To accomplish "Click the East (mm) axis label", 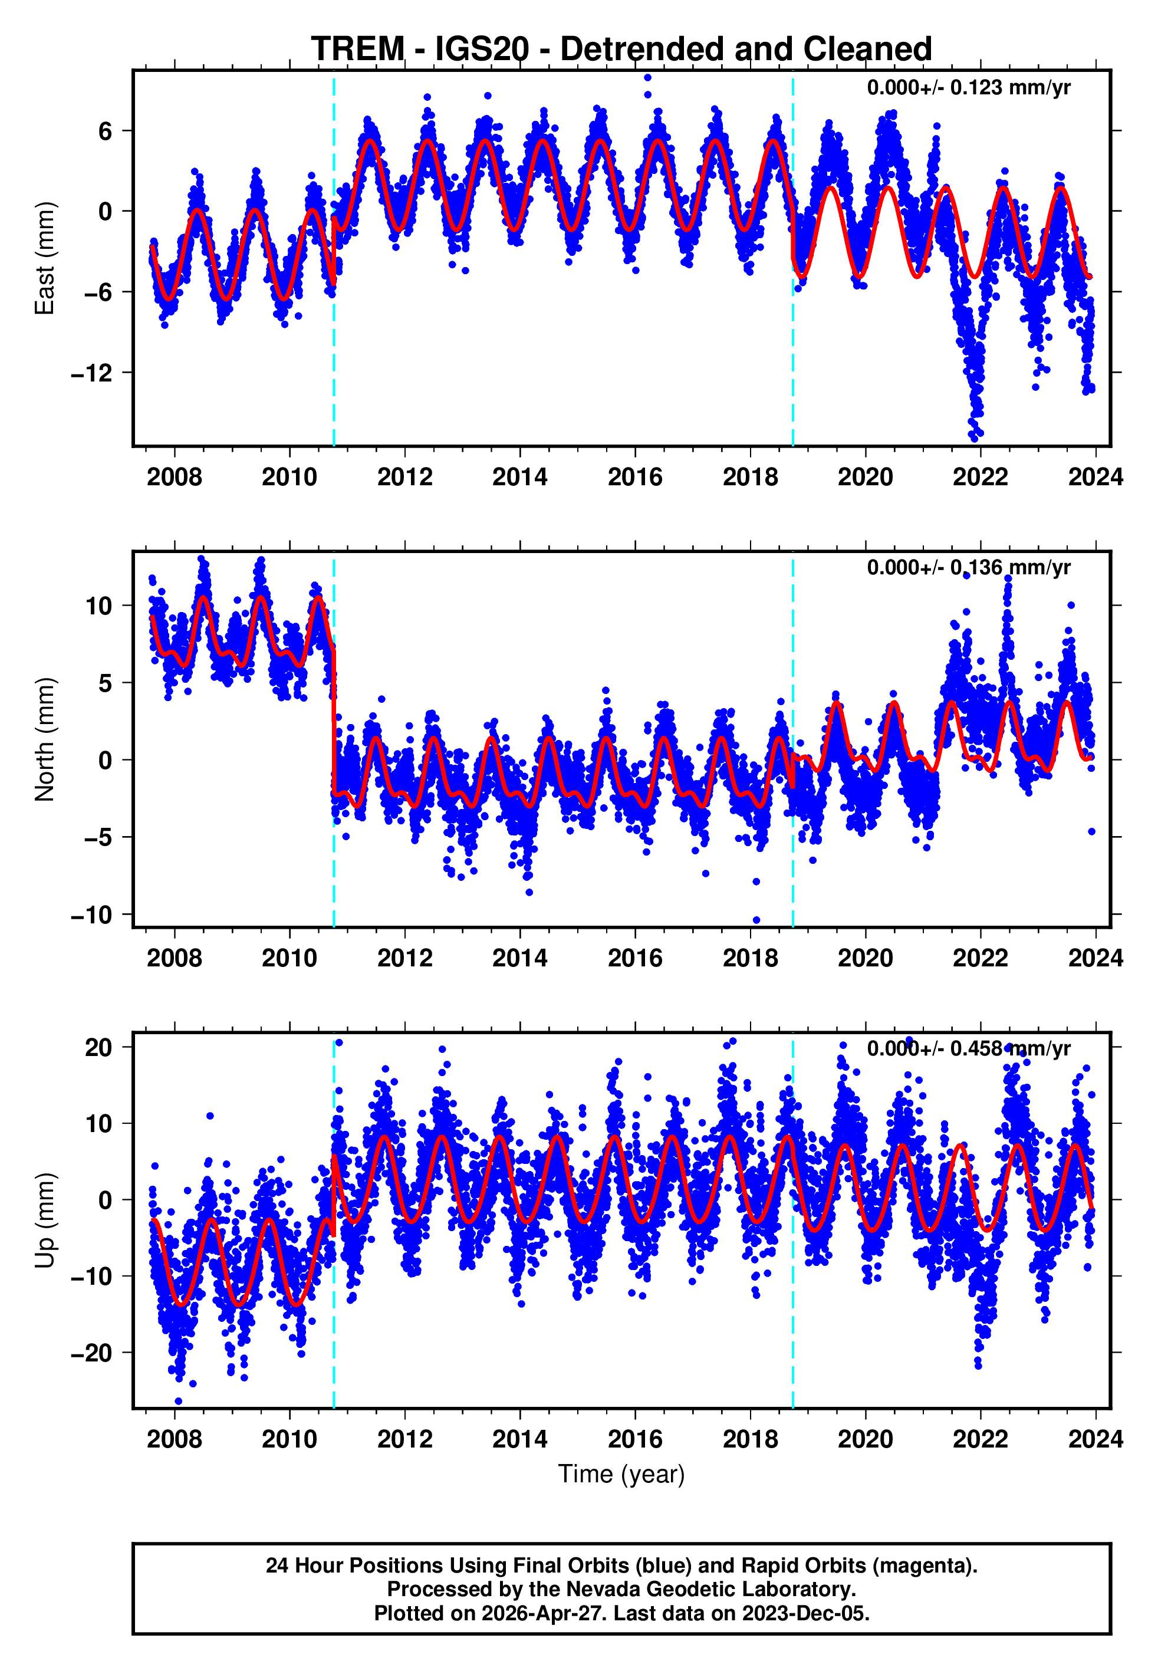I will click(x=45, y=258).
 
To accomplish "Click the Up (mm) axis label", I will click(x=45, y=1220).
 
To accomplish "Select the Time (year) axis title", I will click(x=621, y=1475).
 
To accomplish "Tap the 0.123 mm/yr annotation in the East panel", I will click(x=968, y=88).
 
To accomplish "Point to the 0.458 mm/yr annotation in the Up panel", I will click(x=968, y=1048).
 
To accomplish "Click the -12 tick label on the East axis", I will click(x=91, y=373).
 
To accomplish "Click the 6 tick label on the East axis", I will click(x=106, y=131).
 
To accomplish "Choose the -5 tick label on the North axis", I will click(x=91, y=837).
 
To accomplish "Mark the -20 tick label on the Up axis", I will click(x=91, y=1353).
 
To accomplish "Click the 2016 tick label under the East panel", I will click(x=635, y=478).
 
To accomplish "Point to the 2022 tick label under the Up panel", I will click(x=981, y=1439).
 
